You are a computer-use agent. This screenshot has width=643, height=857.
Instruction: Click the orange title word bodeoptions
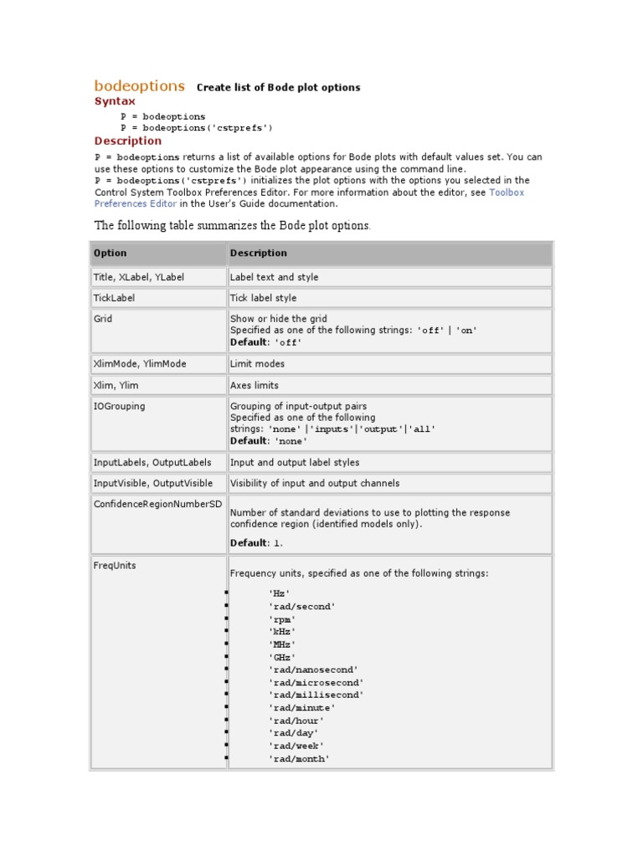pos(140,85)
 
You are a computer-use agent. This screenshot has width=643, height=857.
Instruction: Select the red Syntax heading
pos(115,101)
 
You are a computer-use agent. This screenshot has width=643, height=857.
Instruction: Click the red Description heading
pos(128,141)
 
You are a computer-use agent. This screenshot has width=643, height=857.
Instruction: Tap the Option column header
pos(111,253)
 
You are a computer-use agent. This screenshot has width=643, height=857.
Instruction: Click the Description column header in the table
pos(259,253)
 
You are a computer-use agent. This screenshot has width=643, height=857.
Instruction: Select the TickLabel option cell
pos(114,298)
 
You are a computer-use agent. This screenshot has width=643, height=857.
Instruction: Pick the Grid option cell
pos(103,319)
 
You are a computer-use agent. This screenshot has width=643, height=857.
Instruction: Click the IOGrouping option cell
pos(119,406)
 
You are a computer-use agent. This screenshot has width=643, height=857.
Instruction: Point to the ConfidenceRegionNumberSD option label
pos(156,504)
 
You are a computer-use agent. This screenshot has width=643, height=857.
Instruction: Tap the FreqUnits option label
pos(115,566)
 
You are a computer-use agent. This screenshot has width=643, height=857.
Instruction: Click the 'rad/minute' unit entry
pos(302,708)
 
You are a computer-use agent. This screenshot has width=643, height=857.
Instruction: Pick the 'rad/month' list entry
pos(299,759)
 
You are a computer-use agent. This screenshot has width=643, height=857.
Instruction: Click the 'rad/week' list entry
pos(296,746)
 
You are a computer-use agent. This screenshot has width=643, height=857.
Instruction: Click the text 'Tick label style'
pos(263,298)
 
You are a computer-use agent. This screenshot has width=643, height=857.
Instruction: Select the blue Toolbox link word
pos(507,192)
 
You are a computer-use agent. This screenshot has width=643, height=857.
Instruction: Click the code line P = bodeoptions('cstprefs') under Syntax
pos(197,128)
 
